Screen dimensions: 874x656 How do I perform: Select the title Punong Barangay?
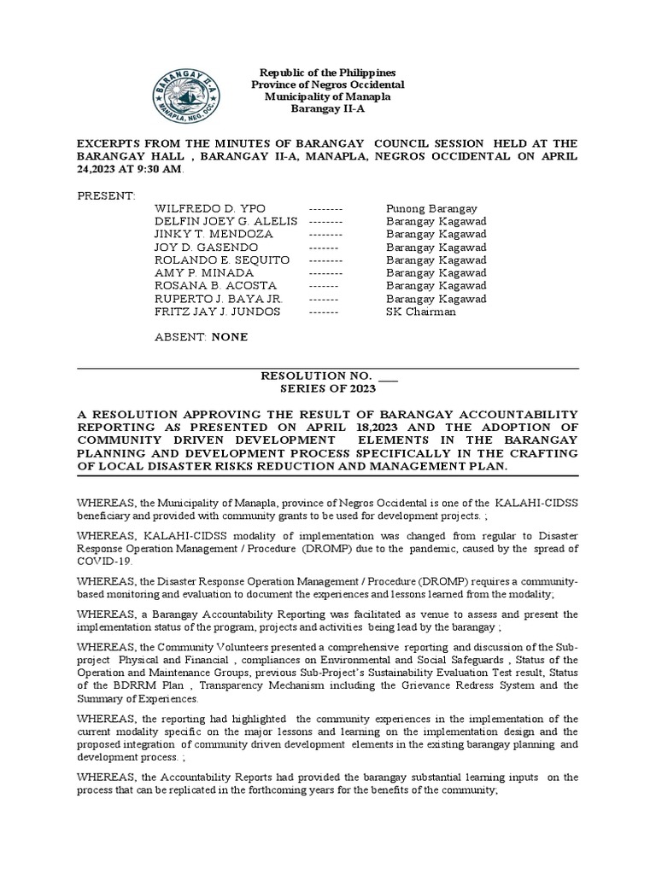click(431, 209)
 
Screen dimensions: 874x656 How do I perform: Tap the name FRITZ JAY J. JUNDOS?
click(217, 312)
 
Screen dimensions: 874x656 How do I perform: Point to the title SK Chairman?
click(421, 312)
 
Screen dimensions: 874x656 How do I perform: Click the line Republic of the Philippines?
click(327, 73)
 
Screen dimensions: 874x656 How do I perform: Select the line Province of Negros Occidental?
click(327, 85)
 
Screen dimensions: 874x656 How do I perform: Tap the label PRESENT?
click(106, 196)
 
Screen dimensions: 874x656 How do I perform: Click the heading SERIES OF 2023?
click(328, 388)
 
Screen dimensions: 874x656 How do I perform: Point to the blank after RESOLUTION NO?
click(388, 376)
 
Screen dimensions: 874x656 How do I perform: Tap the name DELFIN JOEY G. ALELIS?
click(225, 222)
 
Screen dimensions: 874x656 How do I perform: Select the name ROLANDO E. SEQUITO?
click(222, 260)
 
